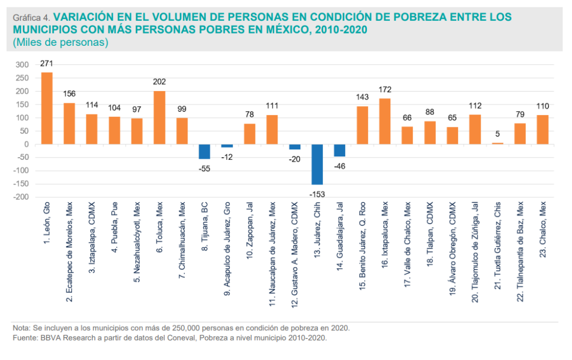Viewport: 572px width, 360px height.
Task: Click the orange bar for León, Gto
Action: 47,108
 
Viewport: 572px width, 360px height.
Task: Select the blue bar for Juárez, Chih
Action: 317,164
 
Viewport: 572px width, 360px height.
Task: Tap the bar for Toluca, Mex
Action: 159,117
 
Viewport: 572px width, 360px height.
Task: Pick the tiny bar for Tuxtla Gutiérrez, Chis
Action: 498,143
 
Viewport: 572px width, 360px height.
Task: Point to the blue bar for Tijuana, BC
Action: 204,151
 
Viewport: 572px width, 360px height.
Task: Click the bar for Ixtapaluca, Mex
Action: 385,121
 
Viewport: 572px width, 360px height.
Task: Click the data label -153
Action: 317,194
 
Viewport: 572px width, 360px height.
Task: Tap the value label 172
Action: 385,90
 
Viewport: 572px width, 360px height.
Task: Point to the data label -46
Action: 340,165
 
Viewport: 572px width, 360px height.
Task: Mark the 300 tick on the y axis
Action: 22,65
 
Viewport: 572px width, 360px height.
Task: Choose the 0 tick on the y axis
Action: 26,144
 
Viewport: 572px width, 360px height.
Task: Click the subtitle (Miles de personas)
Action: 60,42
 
